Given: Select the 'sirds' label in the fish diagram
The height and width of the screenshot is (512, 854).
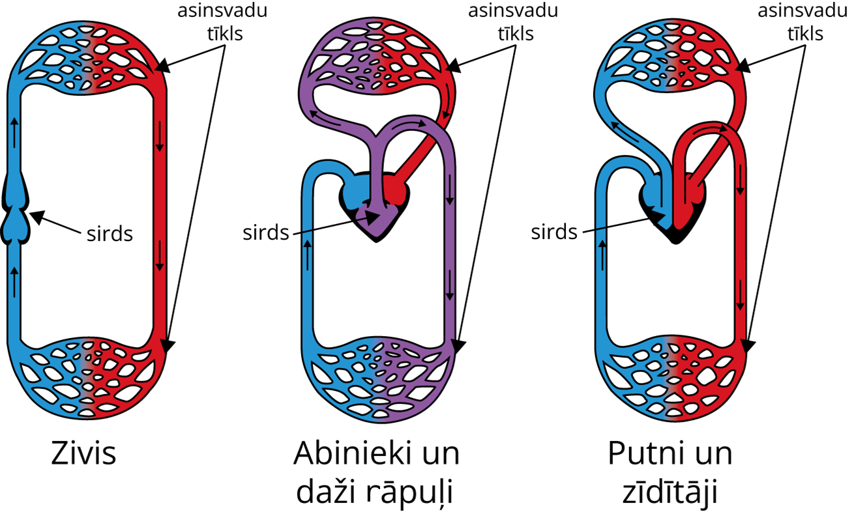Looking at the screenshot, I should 110,233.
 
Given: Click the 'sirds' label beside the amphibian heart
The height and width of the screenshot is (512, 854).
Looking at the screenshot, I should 265,232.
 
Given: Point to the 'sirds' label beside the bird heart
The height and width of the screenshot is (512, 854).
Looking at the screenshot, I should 554,231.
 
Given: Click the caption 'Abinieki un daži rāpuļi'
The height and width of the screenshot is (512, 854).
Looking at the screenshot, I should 377,473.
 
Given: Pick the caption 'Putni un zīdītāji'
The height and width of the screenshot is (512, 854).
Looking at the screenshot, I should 670,473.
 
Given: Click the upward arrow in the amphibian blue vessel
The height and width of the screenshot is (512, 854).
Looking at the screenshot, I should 307,254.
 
